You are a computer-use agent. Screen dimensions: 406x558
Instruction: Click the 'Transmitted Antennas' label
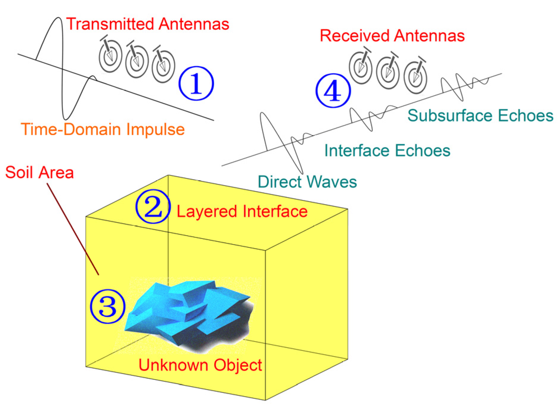148,24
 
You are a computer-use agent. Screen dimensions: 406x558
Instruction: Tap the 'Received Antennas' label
392,36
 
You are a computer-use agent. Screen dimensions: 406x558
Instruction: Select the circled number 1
196,83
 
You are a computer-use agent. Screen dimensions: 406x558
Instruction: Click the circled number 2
153,207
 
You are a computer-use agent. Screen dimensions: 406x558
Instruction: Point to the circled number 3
108,306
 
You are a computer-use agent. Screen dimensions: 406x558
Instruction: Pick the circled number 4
333,90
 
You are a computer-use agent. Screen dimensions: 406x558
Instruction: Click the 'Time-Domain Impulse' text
103,129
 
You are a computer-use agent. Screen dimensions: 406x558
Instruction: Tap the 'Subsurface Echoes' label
480,115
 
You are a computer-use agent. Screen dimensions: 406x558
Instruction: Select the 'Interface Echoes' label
387,150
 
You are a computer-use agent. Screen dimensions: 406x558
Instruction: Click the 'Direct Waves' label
307,182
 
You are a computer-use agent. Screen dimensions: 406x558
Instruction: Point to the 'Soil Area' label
39,172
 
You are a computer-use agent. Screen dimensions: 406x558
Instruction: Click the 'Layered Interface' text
242,212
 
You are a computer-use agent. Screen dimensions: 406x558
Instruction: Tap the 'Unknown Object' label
200,365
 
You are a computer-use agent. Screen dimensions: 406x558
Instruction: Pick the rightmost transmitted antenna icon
163,66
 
